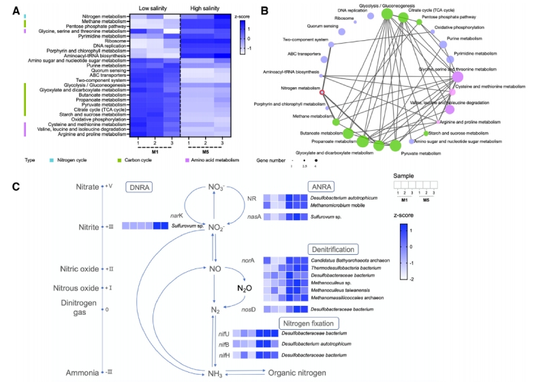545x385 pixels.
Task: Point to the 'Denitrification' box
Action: [334, 249]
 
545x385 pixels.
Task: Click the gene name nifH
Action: [224, 354]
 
